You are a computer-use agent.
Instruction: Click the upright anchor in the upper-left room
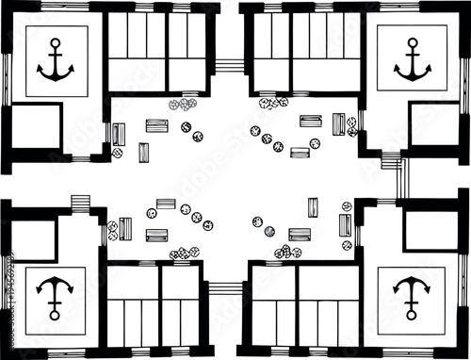[x=55, y=60]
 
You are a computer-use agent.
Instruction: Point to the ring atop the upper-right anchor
[x=412, y=41]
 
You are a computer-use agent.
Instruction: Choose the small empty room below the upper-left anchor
[x=34, y=127]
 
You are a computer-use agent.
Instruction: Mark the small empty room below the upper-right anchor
[x=433, y=123]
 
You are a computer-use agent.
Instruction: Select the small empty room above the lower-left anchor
[x=32, y=239]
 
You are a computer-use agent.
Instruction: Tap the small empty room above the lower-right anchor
[x=431, y=231]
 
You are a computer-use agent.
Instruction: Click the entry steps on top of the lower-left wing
[x=80, y=203]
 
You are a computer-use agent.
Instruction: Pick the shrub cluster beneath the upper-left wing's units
[x=183, y=104]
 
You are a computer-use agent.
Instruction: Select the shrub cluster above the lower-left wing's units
[x=185, y=253]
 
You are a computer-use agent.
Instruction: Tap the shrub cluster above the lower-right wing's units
[x=288, y=252]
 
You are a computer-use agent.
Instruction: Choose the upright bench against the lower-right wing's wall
[x=346, y=225]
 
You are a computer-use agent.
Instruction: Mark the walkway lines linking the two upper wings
[x=229, y=66]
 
